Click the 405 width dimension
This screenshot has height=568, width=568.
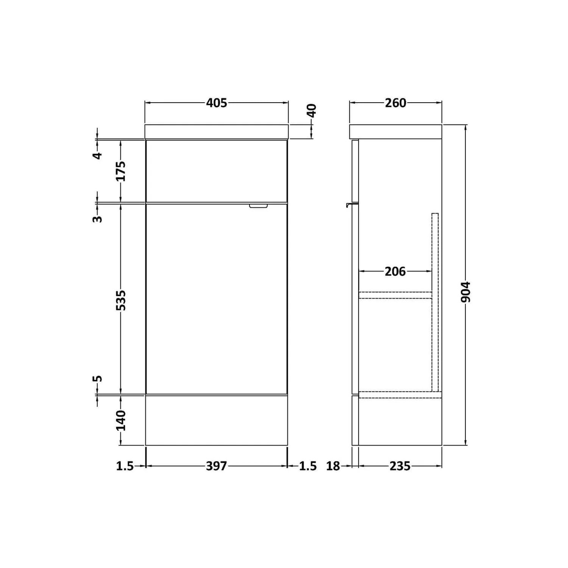pyautogui.click(x=217, y=103)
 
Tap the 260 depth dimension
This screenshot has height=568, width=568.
pyautogui.click(x=395, y=103)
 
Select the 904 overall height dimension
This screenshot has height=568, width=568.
pyautogui.click(x=466, y=292)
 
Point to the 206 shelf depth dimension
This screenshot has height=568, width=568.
pyautogui.click(x=395, y=272)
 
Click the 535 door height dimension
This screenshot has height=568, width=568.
pyautogui.click(x=121, y=300)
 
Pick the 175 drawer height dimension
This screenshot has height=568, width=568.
pyautogui.click(x=121, y=171)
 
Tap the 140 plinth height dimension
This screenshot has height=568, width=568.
pyautogui.click(x=121, y=420)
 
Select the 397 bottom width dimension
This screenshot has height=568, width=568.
pyautogui.click(x=216, y=466)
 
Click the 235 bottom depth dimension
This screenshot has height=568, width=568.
pyautogui.click(x=400, y=466)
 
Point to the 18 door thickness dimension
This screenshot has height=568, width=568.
pyautogui.click(x=333, y=466)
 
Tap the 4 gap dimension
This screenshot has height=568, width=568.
pyautogui.click(x=98, y=155)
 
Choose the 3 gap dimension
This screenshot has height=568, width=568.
pyautogui.click(x=98, y=218)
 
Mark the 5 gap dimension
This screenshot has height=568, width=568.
pyautogui.click(x=98, y=379)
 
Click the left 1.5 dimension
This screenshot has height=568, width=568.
pyautogui.click(x=125, y=466)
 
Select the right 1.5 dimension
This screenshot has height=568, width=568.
pyautogui.click(x=308, y=466)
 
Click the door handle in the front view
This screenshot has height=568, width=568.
pyautogui.click(x=258, y=206)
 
